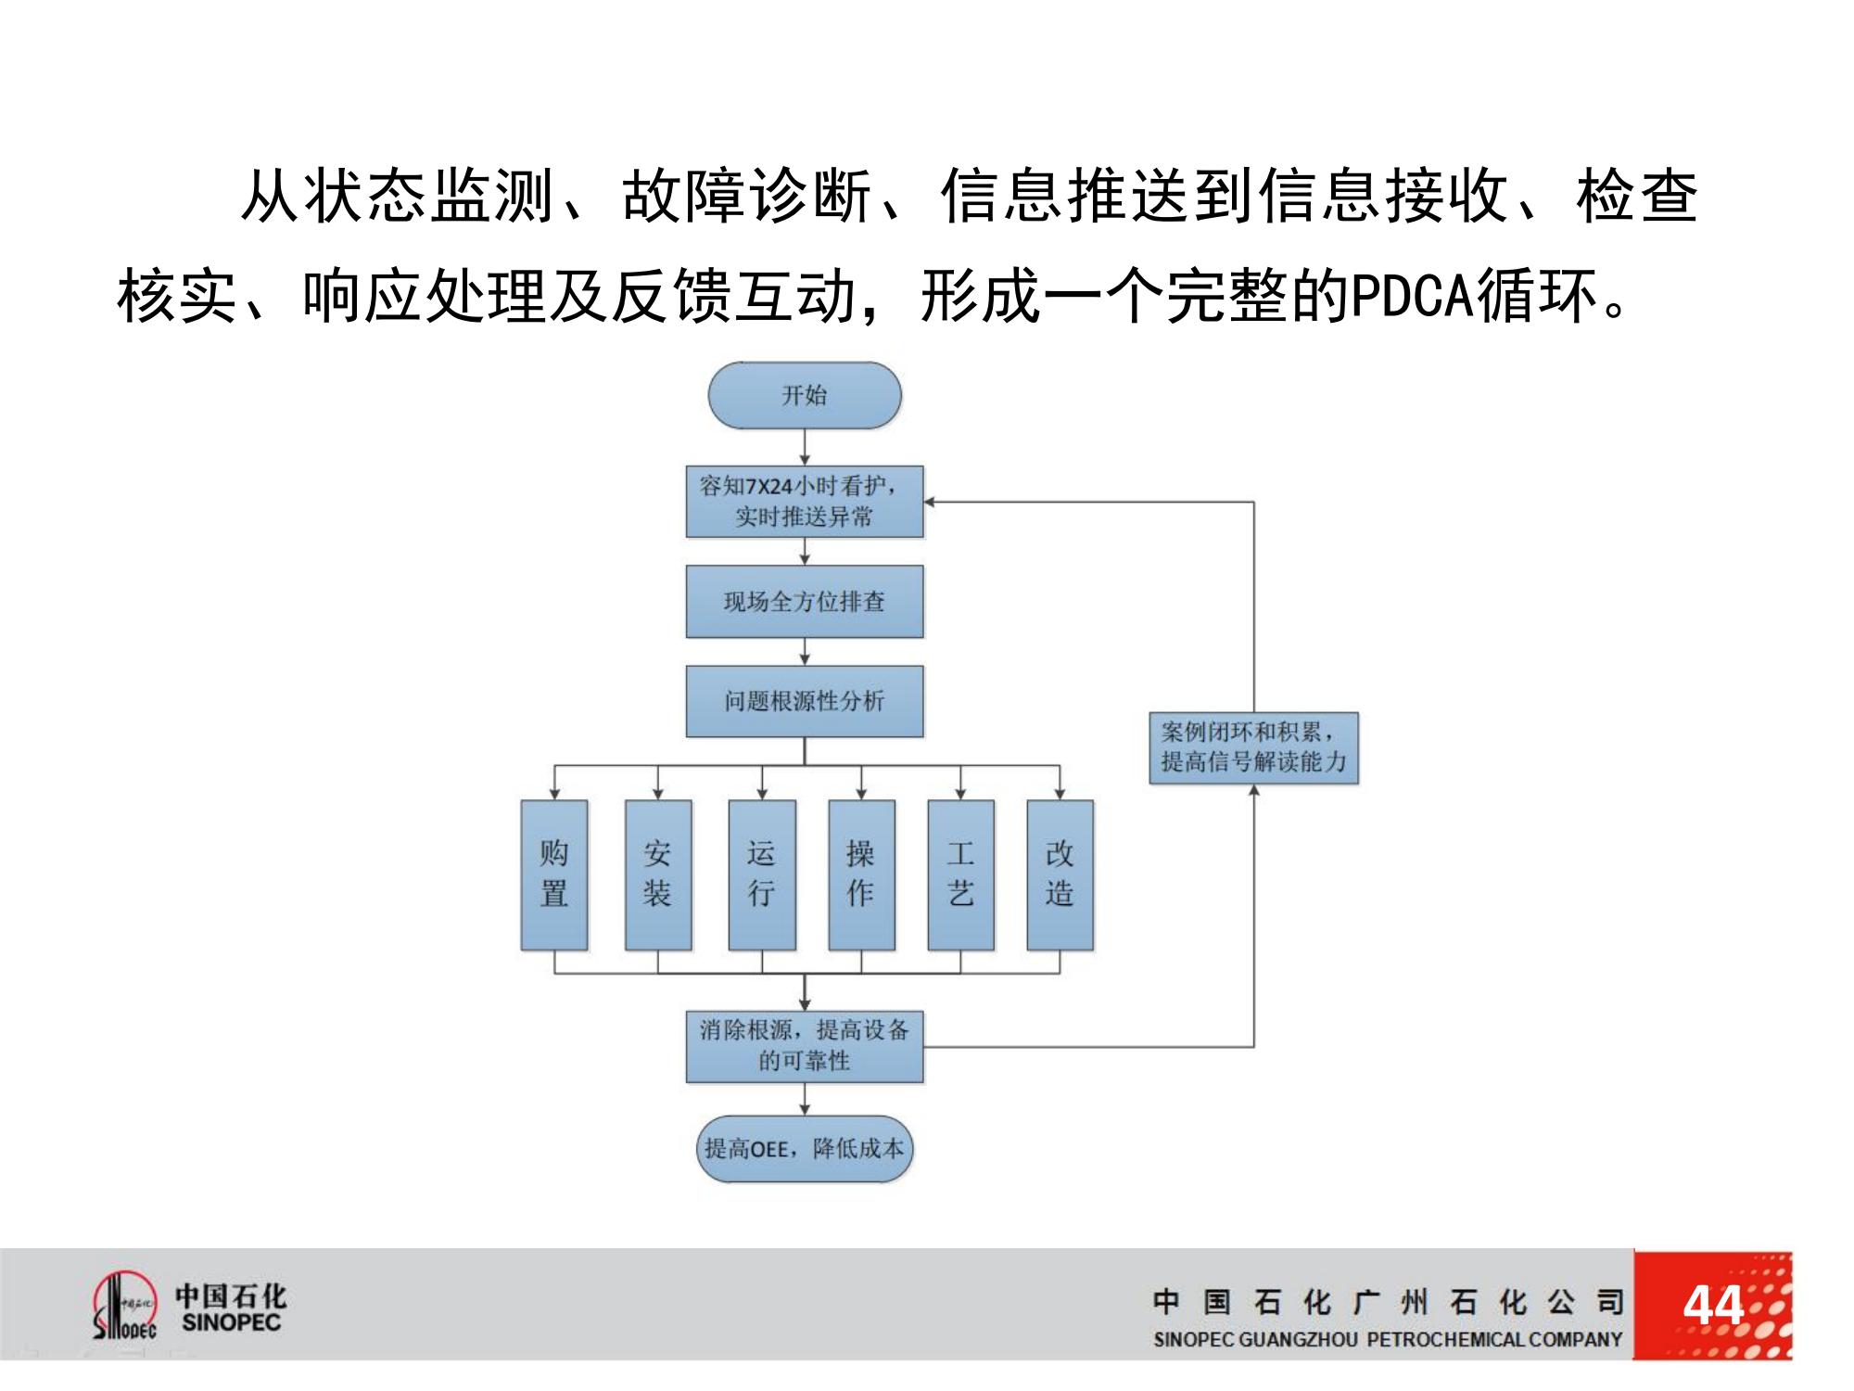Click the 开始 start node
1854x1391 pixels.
pyautogui.click(x=804, y=396)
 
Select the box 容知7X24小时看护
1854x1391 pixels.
pyautogui.click(x=804, y=501)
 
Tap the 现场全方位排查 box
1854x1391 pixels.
pyautogui.click(x=804, y=601)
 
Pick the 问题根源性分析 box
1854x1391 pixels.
pyautogui.click(x=804, y=701)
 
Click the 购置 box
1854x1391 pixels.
pyautogui.click(x=554, y=874)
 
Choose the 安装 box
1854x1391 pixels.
pyautogui.click(x=657, y=874)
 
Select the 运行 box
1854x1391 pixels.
pyautogui.click(x=761, y=874)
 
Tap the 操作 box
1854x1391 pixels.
pyautogui.click(x=861, y=874)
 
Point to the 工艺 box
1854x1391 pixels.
pyautogui.click(x=960, y=874)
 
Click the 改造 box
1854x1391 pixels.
pyautogui.click(x=1060, y=874)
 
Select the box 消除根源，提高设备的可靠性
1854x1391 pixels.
pyautogui.click(x=804, y=1046)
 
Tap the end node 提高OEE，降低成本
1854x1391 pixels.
pyautogui.click(x=804, y=1148)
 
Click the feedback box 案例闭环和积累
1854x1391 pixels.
pyautogui.click(x=1253, y=747)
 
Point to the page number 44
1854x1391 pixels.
pyautogui.click(x=1712, y=1306)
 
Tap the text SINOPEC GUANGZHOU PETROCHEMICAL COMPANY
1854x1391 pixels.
pyautogui.click(x=1387, y=1339)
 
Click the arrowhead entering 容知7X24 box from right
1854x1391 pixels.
pyautogui.click(x=930, y=502)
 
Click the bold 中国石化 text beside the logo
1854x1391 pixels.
pyautogui.click(x=231, y=1295)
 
